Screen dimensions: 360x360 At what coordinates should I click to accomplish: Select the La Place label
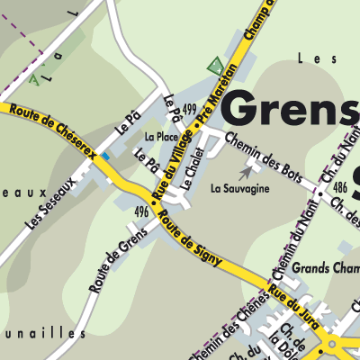click(x=161, y=137)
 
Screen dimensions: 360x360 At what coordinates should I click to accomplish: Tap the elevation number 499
click(x=188, y=109)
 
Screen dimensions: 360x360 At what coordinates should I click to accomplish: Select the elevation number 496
click(x=140, y=211)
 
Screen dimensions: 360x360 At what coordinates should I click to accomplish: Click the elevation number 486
click(x=339, y=186)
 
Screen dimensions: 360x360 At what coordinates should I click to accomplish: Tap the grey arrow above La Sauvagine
click(x=247, y=170)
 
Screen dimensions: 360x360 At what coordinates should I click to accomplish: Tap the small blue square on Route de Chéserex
click(x=106, y=157)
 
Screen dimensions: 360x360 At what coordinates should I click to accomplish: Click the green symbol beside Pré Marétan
click(x=214, y=66)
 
